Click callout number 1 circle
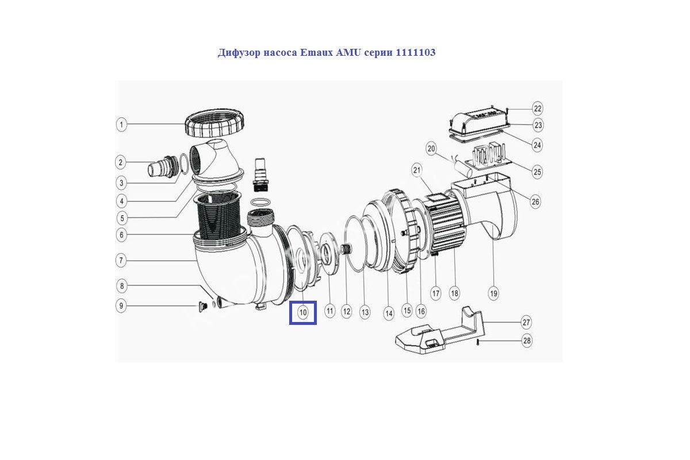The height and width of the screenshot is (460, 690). pyautogui.click(x=121, y=125)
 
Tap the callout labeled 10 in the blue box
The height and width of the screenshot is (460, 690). pyautogui.click(x=303, y=312)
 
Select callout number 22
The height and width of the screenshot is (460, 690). pyautogui.click(x=538, y=109)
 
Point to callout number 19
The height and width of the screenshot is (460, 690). pyautogui.click(x=493, y=293)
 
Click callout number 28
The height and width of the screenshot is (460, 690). pyautogui.click(x=527, y=340)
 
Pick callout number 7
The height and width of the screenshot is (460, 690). pyautogui.click(x=121, y=260)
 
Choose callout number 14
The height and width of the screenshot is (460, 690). pyautogui.click(x=389, y=313)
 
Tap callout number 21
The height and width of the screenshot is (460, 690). pyautogui.click(x=417, y=170)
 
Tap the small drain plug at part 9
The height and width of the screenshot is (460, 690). pyautogui.click(x=202, y=306)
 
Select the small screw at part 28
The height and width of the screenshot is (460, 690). pyautogui.click(x=478, y=342)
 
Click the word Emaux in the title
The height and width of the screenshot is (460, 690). pyautogui.click(x=316, y=52)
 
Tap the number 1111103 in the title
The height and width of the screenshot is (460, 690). pyautogui.click(x=416, y=52)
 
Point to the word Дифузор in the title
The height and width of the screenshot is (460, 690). pyautogui.click(x=239, y=53)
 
